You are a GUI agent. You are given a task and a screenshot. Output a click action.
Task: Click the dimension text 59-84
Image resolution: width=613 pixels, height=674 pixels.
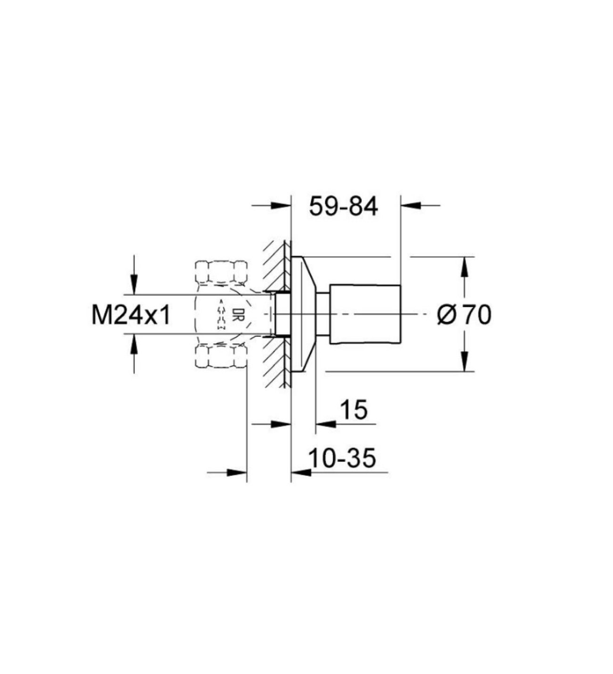tap(343, 206)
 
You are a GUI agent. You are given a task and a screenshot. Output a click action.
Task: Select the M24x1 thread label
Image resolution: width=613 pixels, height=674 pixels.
tap(131, 315)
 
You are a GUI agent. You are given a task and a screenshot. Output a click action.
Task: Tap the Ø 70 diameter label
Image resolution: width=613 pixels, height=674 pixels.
tap(464, 315)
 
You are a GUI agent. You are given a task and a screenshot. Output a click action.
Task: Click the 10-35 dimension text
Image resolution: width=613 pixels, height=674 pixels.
tap(342, 458)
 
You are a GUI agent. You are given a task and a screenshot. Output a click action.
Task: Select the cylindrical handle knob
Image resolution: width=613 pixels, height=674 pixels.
tap(365, 314)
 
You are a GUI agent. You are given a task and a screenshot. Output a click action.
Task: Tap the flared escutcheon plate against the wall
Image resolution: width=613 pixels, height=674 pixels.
tap(303, 314)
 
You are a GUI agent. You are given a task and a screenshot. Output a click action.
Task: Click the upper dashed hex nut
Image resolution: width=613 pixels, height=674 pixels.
tap(221, 271)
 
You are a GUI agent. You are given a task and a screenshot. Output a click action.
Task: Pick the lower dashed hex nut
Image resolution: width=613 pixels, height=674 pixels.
tap(221, 356)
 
